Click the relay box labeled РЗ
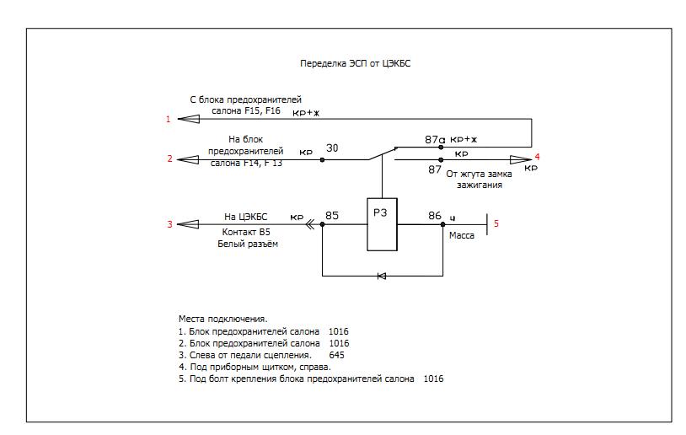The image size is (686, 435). pos(382,224)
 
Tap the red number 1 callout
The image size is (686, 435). pos(169,120)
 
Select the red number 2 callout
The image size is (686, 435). pos(170,158)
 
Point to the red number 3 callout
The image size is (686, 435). pos(169,224)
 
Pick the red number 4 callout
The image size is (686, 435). pos(537,157)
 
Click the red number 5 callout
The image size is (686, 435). pos(496,223)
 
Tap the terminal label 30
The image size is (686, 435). pos(332,148)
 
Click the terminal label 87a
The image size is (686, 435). pos(435,139)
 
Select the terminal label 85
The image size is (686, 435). pos(332,216)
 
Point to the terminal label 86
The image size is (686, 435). pos(435,216)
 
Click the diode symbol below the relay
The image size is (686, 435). pos(381,276)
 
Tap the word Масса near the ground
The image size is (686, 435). pos(462,236)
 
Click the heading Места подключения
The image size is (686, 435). pos(222,320)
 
